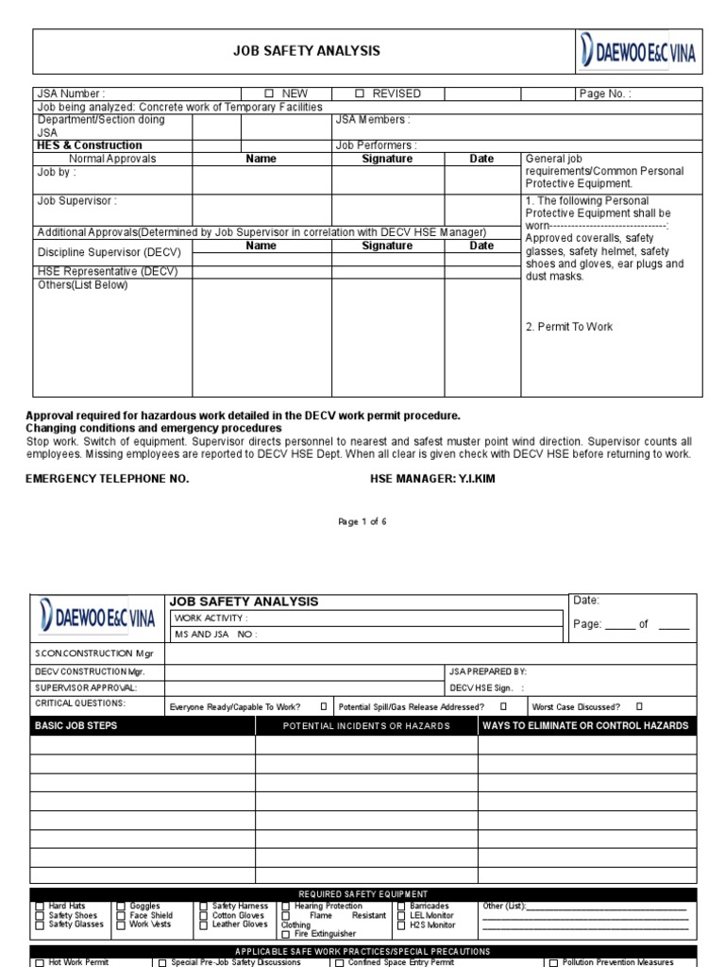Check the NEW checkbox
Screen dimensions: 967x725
pyautogui.click(x=269, y=94)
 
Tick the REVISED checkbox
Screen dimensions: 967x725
pyautogui.click(x=360, y=94)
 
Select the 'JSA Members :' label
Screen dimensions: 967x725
pyautogui.click(x=373, y=120)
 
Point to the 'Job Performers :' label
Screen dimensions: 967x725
pyautogui.click(x=376, y=145)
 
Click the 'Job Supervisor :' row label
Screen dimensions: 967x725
pyautogui.click(x=77, y=201)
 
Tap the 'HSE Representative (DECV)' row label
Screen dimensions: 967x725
pyautogui.click(x=107, y=272)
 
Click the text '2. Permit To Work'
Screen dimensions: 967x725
pyautogui.click(x=569, y=327)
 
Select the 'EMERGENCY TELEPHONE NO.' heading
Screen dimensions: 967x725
pyautogui.click(x=107, y=479)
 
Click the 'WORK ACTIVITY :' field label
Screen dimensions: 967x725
pyautogui.click(x=211, y=618)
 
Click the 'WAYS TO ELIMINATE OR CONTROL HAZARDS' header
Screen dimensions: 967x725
pyautogui.click(x=585, y=726)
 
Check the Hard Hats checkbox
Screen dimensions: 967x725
pyautogui.click(x=39, y=907)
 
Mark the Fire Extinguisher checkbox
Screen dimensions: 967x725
pyautogui.click(x=286, y=934)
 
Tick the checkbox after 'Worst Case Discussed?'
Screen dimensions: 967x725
pyautogui.click(x=639, y=705)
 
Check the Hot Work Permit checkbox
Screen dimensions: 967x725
pyautogui.click(x=39, y=962)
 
